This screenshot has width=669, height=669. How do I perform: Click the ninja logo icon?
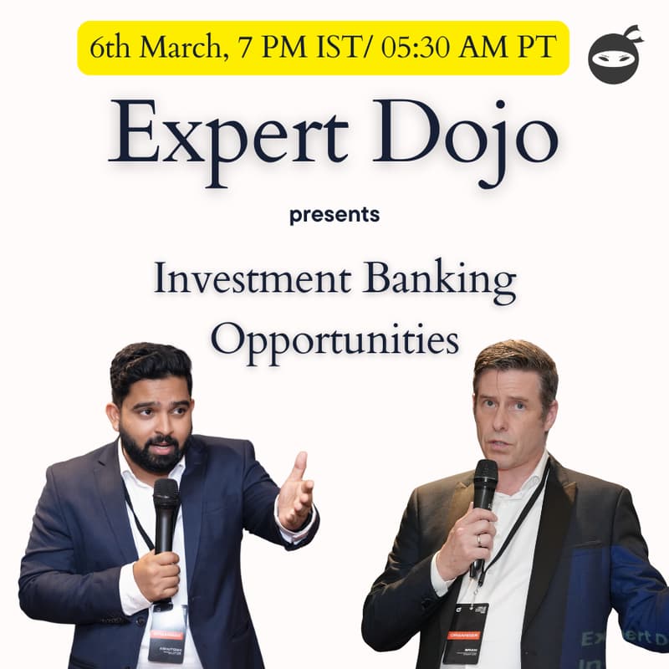pyautogui.click(x=615, y=54)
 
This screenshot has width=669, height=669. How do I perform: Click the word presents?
pyautogui.click(x=334, y=215)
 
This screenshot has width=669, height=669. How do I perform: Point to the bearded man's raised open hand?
pyautogui.click(x=294, y=489)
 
